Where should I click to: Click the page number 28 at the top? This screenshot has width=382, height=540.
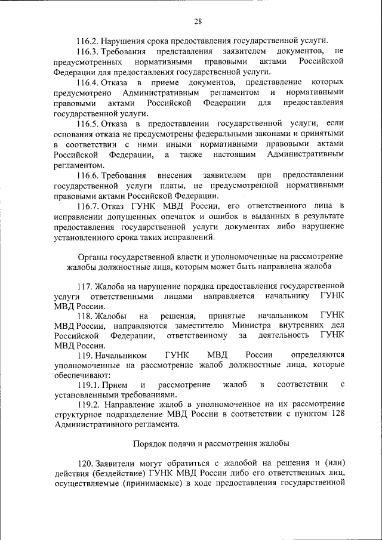pyautogui.click(x=198, y=21)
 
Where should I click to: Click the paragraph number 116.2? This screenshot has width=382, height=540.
pyautogui.click(x=88, y=41)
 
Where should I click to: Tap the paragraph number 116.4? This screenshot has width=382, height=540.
pyautogui.click(x=88, y=82)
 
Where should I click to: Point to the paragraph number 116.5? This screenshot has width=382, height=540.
pyautogui.click(x=88, y=124)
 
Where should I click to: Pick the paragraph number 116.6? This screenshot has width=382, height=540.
pyautogui.click(x=88, y=175)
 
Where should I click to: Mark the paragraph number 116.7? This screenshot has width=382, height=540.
pyautogui.click(x=88, y=206)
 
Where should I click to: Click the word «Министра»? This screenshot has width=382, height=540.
pyautogui.click(x=249, y=326)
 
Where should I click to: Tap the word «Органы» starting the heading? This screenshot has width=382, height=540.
pyautogui.click(x=84, y=256)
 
